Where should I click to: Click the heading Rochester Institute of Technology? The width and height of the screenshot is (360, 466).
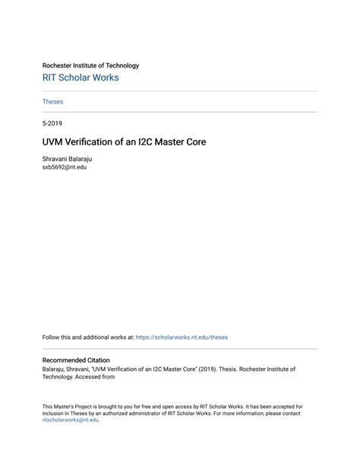[x=90, y=65]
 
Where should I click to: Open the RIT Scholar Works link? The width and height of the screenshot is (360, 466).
[x=80, y=78]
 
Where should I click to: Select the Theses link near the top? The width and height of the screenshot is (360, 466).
[x=52, y=101]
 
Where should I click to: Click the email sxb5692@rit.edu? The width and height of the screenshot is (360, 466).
[x=65, y=166]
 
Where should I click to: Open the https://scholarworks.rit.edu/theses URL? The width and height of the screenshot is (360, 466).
[x=182, y=337]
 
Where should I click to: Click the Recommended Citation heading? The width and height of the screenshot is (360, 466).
[x=75, y=360]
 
